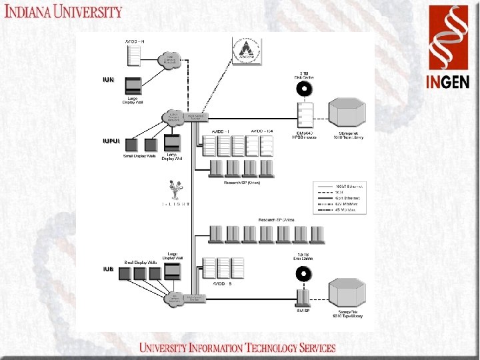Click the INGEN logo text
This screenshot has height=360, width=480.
coord(448,81)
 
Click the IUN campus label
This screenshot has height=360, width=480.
coord(108,80)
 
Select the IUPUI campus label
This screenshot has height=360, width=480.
coord(111,141)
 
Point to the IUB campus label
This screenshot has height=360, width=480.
coord(108,269)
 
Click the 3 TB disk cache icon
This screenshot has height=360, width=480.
coord(305,89)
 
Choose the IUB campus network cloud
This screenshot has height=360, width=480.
coord(175,299)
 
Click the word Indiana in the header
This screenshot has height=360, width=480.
coord(35,11)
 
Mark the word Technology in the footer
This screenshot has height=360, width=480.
coord(267,348)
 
